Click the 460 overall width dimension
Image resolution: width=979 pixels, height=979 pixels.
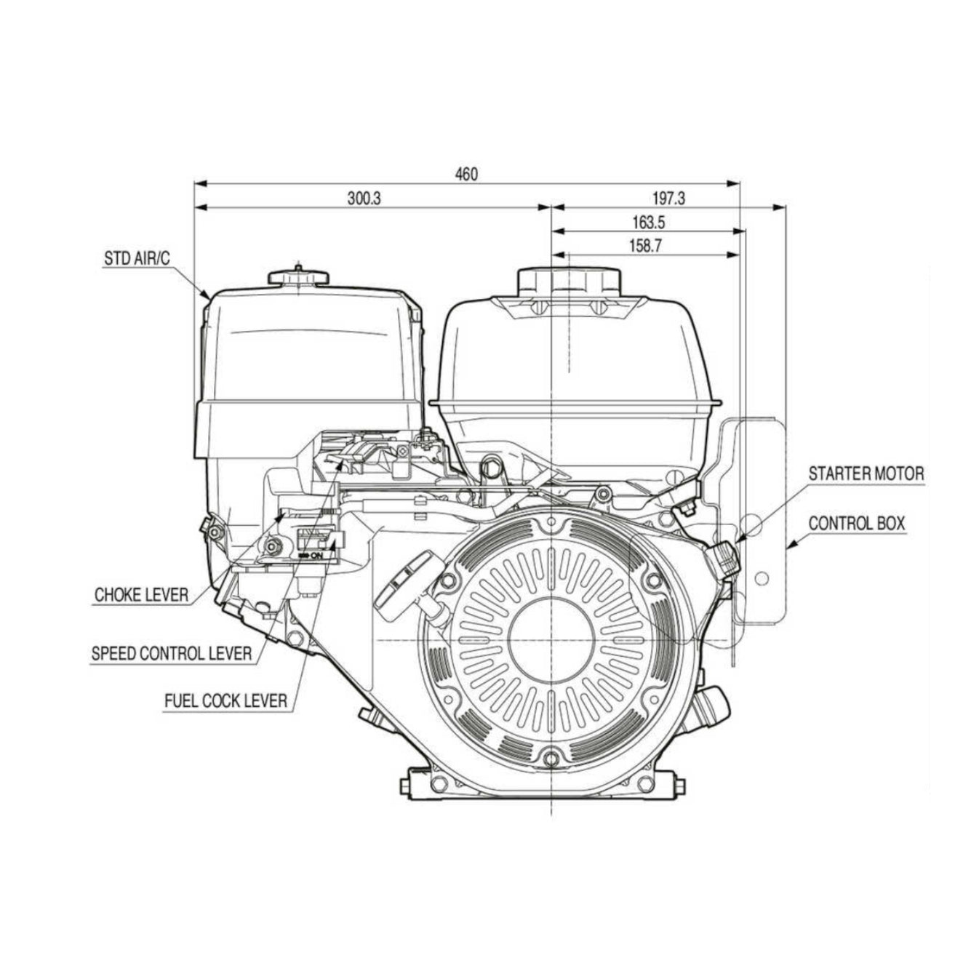point(466,175)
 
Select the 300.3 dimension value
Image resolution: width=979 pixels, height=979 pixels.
point(364,199)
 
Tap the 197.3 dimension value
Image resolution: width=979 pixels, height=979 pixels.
point(668,198)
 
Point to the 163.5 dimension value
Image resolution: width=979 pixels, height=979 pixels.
point(648,223)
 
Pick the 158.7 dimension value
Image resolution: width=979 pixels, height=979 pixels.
point(645,247)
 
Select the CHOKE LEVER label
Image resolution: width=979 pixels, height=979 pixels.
point(140,595)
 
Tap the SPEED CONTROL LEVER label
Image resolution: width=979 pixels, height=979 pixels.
point(171,653)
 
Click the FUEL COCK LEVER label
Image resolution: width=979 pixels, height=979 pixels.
point(225,701)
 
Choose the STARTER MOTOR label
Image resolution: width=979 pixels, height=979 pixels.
point(866,474)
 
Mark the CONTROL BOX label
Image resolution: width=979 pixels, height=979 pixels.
point(856,524)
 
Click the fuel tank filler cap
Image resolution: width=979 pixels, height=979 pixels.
point(569,281)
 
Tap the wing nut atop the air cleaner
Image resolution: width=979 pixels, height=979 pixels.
point(298,276)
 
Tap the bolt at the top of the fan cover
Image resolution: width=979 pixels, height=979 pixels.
point(552,523)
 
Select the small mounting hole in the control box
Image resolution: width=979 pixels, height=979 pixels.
point(762,578)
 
